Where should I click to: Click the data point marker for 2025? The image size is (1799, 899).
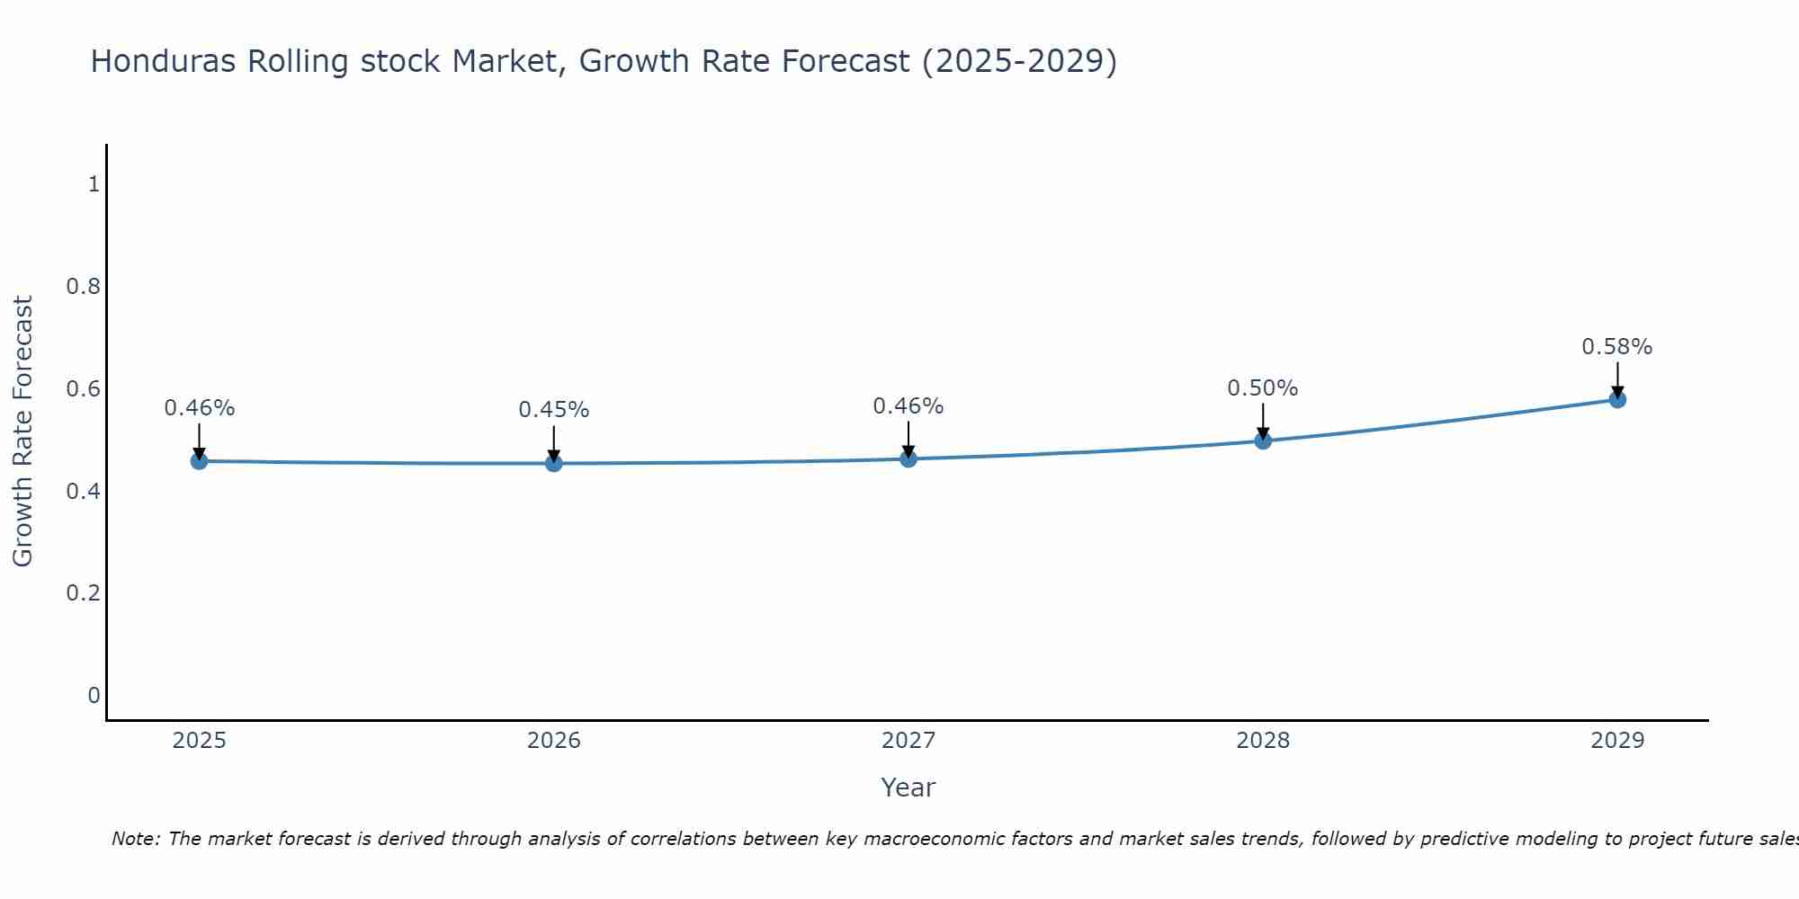199,461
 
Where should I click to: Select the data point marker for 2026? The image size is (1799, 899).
554,463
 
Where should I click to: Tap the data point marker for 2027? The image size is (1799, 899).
908,459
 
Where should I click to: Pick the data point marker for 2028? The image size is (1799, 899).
1263,441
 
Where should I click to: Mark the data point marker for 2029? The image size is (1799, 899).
1617,399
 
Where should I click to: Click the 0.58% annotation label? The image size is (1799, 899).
1617,347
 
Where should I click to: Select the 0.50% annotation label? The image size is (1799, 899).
1263,388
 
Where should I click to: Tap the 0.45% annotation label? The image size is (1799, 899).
554,410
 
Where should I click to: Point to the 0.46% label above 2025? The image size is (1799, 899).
200,408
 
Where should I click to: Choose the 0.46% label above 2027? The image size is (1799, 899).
908,406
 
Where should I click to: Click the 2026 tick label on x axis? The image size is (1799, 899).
554,741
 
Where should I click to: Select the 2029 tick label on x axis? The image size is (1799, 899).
1617,741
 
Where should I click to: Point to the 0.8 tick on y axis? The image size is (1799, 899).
83,287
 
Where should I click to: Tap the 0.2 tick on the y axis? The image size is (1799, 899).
83,593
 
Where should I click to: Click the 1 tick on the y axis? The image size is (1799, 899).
94,184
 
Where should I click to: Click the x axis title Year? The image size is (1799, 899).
908,788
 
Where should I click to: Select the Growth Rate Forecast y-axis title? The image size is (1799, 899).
23,432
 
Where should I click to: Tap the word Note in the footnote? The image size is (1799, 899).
135,839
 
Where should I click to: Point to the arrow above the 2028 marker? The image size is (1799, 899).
1263,421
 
